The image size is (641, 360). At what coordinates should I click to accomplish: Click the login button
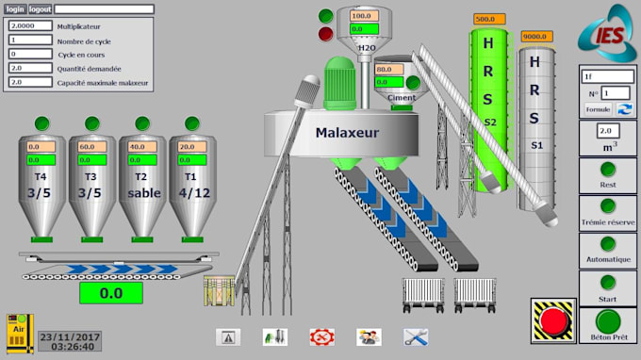[x=14, y=8]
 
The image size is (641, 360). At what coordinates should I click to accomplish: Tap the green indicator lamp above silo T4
[x=41, y=123]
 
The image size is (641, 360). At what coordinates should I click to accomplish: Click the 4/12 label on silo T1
[x=192, y=193]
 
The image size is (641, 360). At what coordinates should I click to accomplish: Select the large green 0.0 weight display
[x=111, y=293]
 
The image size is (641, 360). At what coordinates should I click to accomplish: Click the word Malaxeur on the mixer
[x=347, y=133]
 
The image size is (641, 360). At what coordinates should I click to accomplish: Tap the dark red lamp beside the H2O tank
[x=326, y=35]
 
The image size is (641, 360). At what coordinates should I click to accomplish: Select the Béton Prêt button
[x=608, y=325]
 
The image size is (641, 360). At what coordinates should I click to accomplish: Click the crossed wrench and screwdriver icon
[x=416, y=336]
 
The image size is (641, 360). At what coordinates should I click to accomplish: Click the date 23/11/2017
[x=70, y=335]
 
